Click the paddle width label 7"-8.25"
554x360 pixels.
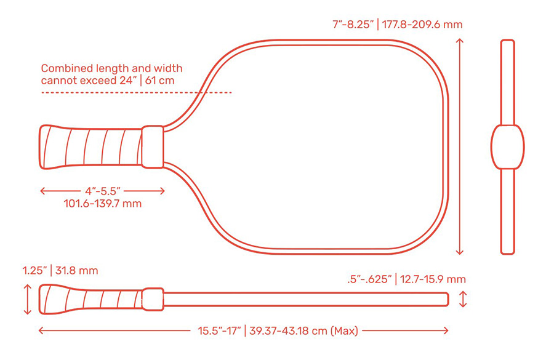[351, 25]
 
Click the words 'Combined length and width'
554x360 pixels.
[111, 68]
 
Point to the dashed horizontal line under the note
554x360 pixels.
[136, 92]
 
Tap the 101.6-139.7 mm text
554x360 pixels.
[102, 202]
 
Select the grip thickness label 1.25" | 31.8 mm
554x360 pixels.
[60, 270]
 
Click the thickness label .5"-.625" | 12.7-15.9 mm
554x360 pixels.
[406, 279]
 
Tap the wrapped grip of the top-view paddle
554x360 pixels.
[91, 147]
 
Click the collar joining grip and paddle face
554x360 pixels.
[153, 147]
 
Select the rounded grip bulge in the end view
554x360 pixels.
[507, 147]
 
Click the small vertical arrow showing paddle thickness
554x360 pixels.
[464, 299]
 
